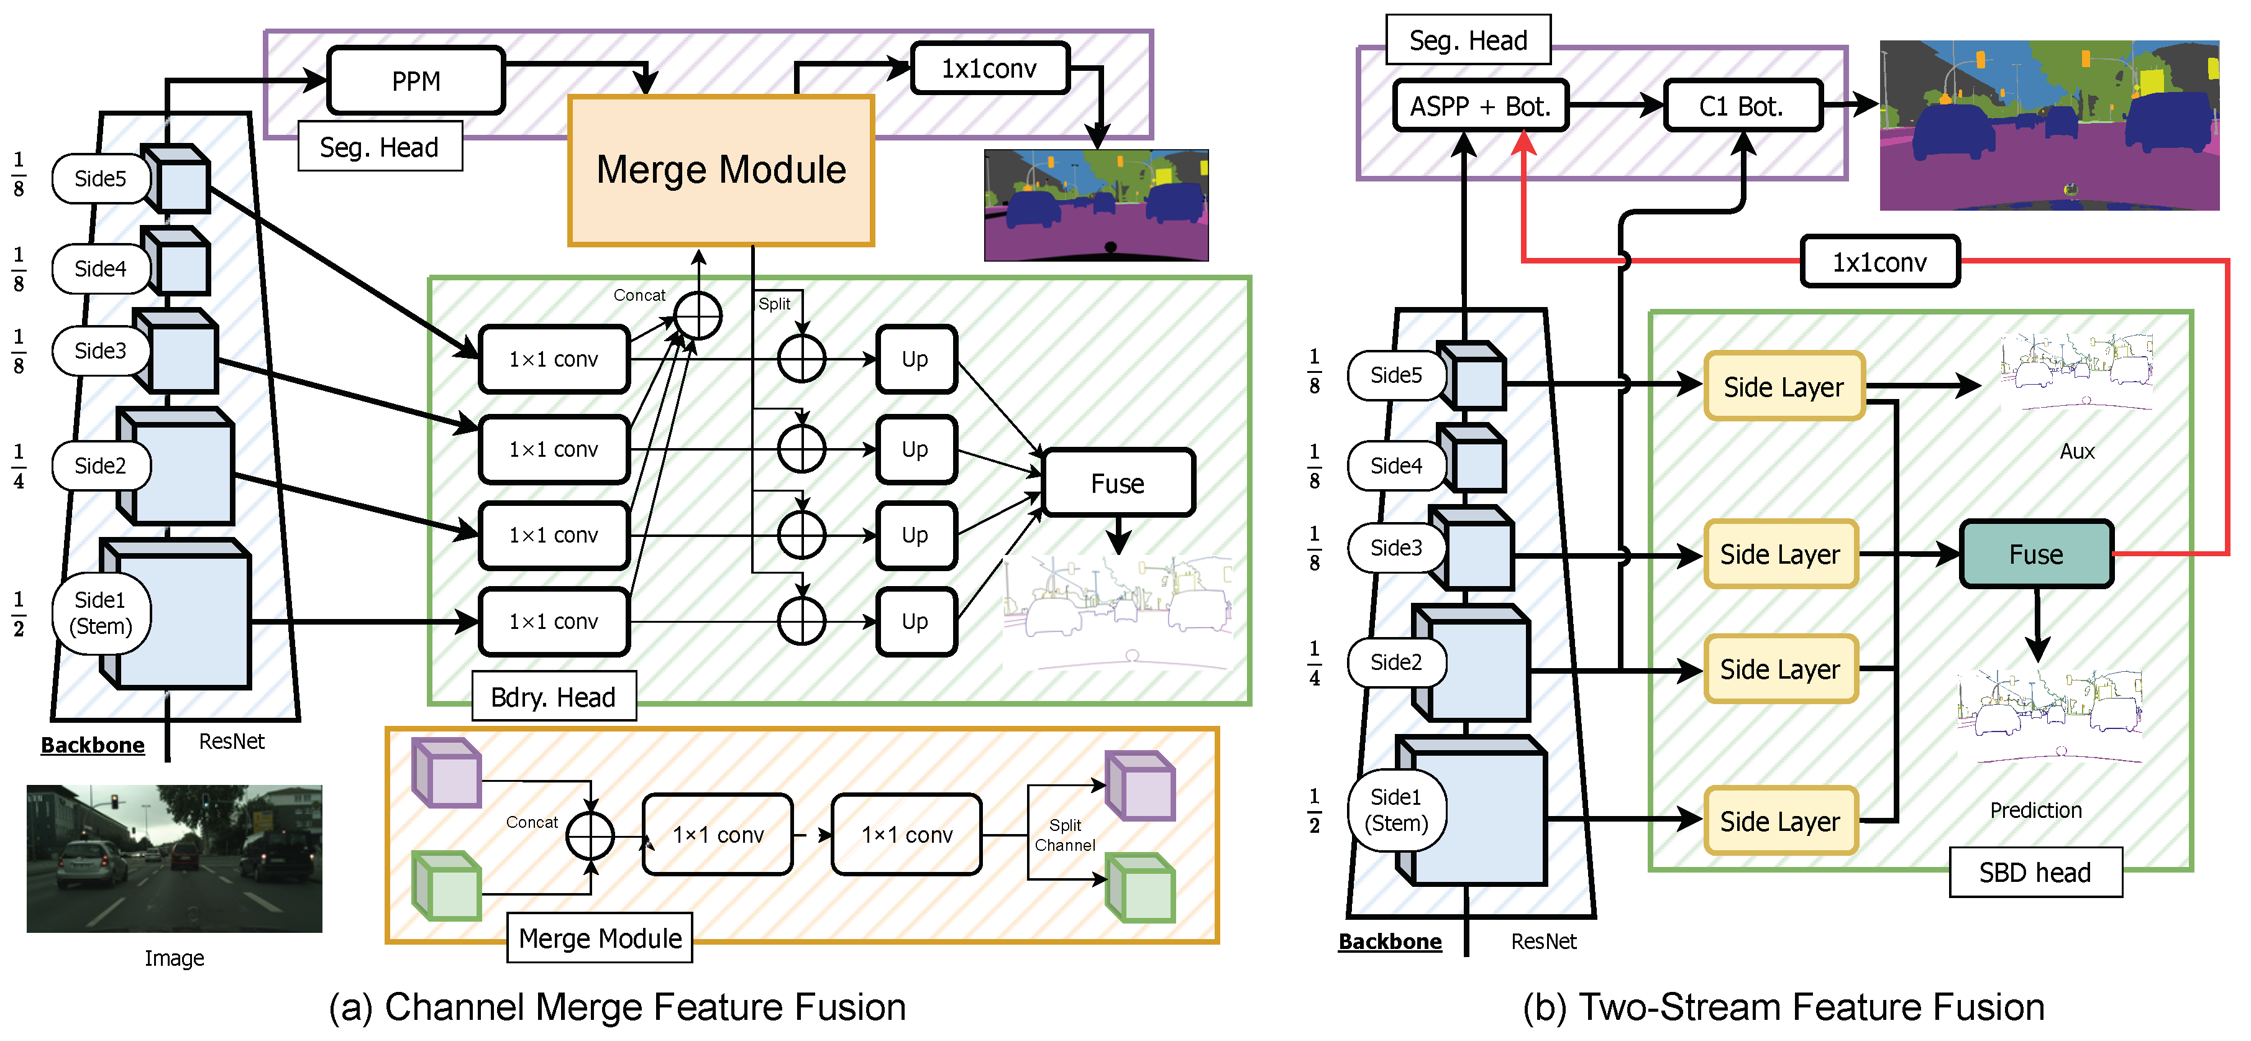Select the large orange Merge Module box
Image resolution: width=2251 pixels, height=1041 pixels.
721,170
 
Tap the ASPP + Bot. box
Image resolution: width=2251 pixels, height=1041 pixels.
1481,106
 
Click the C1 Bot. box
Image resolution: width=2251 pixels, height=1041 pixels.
1742,106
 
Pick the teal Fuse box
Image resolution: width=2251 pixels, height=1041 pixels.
2035,554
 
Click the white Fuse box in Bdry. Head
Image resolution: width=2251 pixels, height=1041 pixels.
1118,482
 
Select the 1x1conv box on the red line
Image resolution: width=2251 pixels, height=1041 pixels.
1879,262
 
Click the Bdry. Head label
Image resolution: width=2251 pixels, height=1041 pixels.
553,697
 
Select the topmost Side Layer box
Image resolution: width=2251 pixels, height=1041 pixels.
1784,387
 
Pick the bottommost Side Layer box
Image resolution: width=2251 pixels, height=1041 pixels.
1780,821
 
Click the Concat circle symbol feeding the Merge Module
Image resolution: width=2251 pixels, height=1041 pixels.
697,316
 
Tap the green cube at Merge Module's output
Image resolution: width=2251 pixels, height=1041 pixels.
1141,889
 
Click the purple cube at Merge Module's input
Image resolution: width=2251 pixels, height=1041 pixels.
447,773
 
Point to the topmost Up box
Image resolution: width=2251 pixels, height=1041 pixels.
915,359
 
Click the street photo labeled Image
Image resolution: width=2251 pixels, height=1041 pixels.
174,858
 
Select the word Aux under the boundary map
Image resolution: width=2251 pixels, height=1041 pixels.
2076,451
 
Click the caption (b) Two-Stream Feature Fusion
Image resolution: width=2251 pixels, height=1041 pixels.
1783,1007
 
